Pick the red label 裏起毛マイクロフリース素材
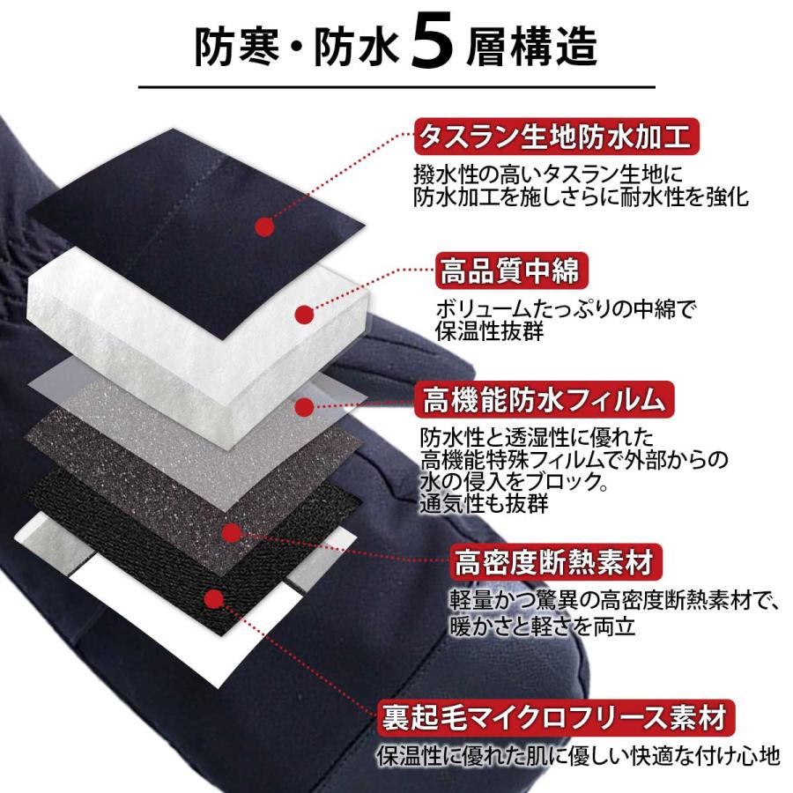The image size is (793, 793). pyautogui.click(x=555, y=714)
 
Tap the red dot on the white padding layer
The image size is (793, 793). pyautogui.click(x=304, y=313)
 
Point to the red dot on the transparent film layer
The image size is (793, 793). pyautogui.click(x=306, y=406)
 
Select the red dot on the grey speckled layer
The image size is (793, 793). pyautogui.click(x=232, y=532)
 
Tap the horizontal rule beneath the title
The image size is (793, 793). pyautogui.click(x=396, y=88)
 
